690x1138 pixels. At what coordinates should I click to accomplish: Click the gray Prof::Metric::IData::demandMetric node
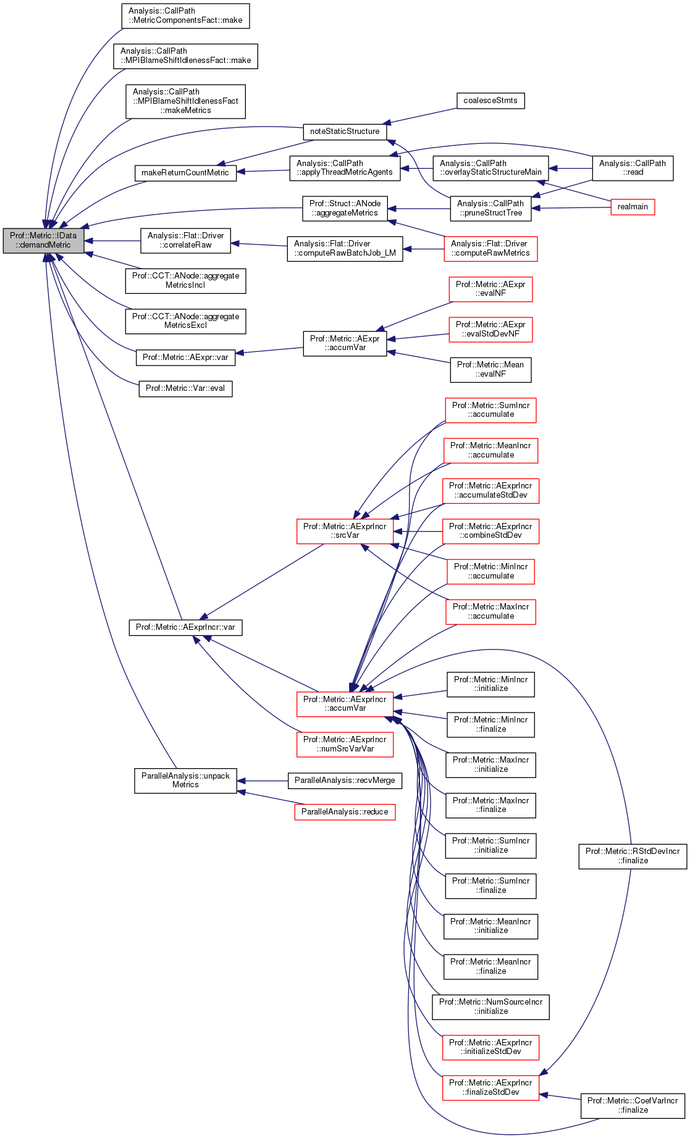(x=43, y=241)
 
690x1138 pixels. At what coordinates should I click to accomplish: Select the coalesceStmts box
(x=490, y=101)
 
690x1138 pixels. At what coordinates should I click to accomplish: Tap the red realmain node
(x=632, y=207)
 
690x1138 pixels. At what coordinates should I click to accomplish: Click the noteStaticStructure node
(x=345, y=132)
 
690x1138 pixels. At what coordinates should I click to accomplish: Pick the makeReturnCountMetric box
(x=185, y=172)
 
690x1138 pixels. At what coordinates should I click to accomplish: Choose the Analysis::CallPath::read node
(x=632, y=168)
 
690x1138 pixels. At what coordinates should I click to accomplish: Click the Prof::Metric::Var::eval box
(x=185, y=388)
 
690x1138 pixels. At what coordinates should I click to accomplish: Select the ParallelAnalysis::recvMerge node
(x=345, y=780)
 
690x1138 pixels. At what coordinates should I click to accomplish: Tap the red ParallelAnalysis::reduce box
(x=345, y=811)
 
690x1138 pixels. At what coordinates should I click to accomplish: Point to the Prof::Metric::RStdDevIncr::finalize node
(x=632, y=856)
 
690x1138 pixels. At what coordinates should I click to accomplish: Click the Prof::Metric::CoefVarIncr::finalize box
(x=632, y=1105)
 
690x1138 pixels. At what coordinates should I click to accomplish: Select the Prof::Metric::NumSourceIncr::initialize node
(x=490, y=1006)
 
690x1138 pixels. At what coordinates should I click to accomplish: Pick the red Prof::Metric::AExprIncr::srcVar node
(x=345, y=531)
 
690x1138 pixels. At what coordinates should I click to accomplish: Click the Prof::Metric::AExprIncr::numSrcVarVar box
(x=345, y=744)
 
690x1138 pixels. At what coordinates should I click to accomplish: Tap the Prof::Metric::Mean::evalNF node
(x=490, y=369)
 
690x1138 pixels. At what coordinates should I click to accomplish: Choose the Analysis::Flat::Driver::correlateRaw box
(x=185, y=240)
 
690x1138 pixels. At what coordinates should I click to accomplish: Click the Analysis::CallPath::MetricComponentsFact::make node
(x=185, y=15)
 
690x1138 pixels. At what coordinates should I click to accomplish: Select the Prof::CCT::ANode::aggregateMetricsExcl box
(x=185, y=321)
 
